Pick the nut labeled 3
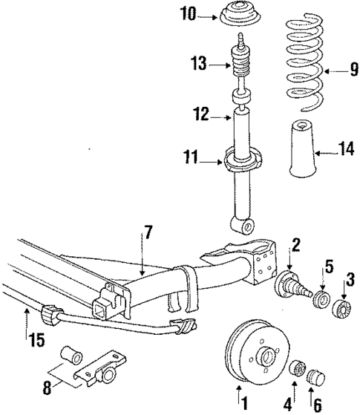[x=343, y=306]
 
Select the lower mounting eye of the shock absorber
[x=241, y=223]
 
